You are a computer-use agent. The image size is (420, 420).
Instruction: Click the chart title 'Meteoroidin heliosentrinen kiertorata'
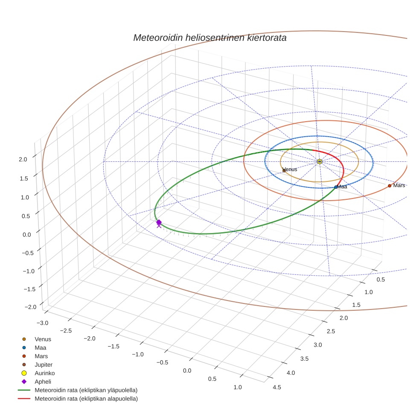tap(210, 38)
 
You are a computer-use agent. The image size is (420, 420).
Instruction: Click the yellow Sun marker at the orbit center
tap(320, 161)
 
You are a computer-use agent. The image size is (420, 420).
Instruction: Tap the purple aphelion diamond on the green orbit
tap(159, 222)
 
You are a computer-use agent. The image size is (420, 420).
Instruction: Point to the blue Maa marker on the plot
tap(336, 187)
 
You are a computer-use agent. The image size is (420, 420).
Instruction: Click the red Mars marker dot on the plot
tap(389, 186)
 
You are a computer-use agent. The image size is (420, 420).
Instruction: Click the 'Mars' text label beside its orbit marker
tap(399, 185)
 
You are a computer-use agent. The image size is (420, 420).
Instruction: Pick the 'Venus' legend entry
tap(43, 339)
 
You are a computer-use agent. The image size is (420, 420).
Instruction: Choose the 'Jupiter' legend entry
tap(44, 365)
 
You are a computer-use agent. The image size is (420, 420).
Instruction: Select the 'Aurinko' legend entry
tap(44, 373)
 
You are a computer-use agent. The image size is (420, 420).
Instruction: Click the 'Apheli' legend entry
tap(43, 382)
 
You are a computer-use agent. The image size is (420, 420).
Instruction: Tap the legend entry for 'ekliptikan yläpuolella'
tap(86, 390)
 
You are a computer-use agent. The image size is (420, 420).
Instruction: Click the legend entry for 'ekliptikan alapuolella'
tap(86, 399)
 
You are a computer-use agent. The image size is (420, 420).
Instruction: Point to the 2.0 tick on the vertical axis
tap(23, 159)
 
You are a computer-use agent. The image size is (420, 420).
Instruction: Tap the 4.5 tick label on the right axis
tap(277, 387)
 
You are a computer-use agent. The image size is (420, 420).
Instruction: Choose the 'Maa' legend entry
tap(41, 347)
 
